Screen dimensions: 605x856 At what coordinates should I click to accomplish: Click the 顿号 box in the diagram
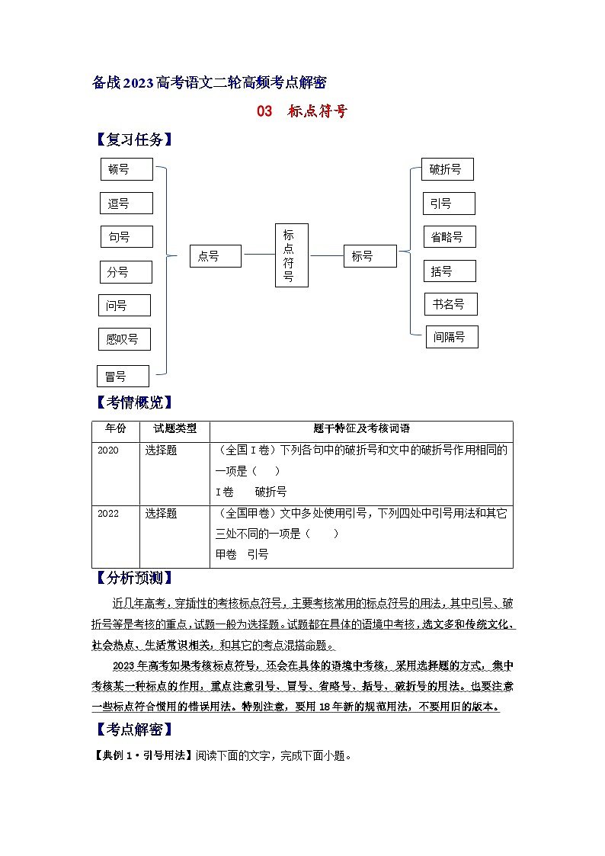coord(126,169)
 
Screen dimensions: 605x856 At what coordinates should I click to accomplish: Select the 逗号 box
coord(126,204)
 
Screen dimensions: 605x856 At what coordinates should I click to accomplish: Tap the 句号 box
coord(126,237)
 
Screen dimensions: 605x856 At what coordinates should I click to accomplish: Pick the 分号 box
coord(126,271)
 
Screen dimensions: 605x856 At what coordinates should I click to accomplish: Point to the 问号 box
coord(124,305)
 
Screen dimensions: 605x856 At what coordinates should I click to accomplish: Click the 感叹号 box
coord(124,339)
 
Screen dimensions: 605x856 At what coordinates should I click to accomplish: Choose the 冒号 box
coord(123,376)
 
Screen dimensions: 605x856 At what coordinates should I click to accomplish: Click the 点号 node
coord(216,256)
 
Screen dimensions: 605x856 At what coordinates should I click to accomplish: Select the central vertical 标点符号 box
coord(291,255)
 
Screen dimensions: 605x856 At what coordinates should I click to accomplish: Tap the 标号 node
coord(370,256)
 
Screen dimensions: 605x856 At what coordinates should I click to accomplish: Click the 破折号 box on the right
coord(447,169)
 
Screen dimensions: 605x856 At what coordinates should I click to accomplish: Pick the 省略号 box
coord(449,236)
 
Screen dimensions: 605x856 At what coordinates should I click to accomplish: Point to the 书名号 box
coord(450,304)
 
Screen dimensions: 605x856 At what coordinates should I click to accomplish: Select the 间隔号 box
coord(451,336)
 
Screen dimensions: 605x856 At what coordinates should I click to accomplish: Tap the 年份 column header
coord(116,429)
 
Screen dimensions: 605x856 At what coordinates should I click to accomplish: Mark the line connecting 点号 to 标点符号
coord(258,256)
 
